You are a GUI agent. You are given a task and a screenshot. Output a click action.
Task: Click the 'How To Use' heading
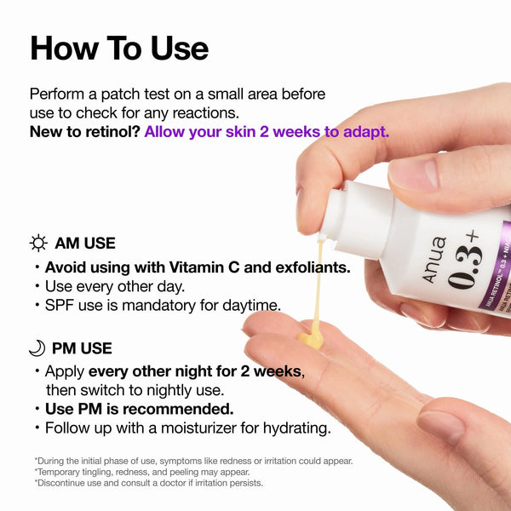click(x=119, y=48)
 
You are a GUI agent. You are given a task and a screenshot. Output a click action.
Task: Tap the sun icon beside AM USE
click(x=38, y=244)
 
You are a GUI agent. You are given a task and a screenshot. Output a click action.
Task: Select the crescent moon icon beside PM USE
click(x=37, y=347)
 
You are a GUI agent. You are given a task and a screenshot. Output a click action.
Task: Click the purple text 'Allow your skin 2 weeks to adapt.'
click(x=267, y=132)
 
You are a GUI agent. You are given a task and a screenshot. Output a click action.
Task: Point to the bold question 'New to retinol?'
click(x=84, y=132)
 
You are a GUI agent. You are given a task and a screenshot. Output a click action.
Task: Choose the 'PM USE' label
click(x=82, y=347)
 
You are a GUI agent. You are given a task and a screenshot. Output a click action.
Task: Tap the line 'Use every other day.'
click(x=115, y=286)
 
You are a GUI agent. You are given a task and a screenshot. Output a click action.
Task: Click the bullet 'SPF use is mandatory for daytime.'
click(x=163, y=305)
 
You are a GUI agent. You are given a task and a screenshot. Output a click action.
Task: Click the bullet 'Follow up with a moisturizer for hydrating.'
click(x=187, y=428)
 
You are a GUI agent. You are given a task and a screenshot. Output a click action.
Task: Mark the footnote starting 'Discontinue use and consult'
click(x=149, y=483)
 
